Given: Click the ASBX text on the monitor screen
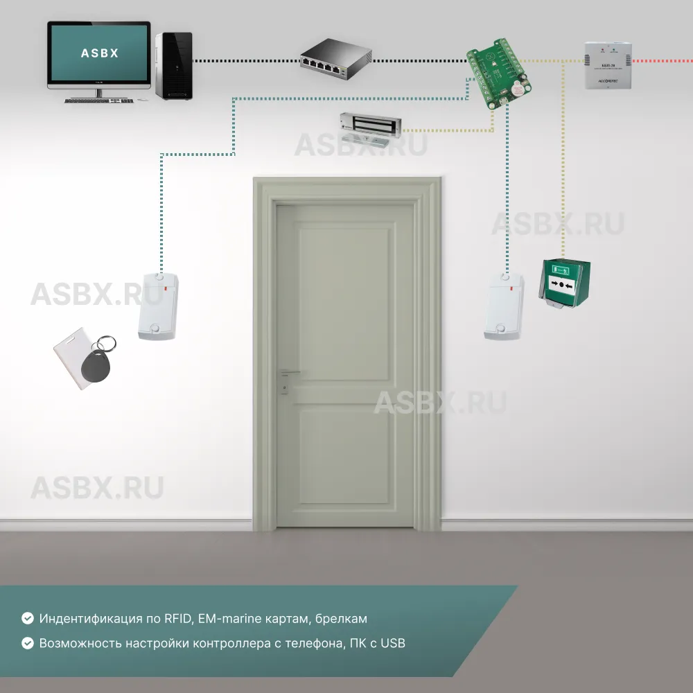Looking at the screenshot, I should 99,53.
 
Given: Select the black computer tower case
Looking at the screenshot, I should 173,66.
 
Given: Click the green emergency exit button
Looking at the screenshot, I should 565,284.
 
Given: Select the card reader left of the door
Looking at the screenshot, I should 158,306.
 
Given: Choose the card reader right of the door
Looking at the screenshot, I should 505,306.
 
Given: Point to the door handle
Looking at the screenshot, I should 288,374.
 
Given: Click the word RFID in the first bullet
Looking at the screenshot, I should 179,618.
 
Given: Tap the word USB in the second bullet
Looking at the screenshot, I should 393,643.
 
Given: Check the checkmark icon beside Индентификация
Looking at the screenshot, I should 28,618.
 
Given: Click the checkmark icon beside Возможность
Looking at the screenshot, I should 28,643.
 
